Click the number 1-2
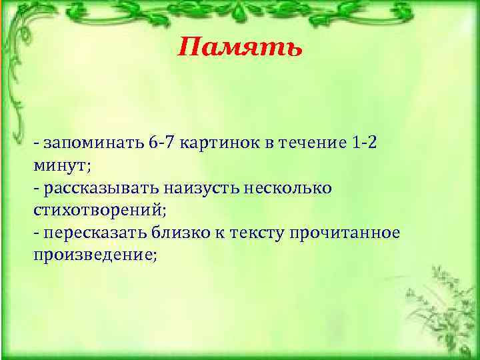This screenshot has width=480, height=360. coord(364,143)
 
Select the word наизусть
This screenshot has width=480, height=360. coord(209,189)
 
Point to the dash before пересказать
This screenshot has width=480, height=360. coord(36,233)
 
